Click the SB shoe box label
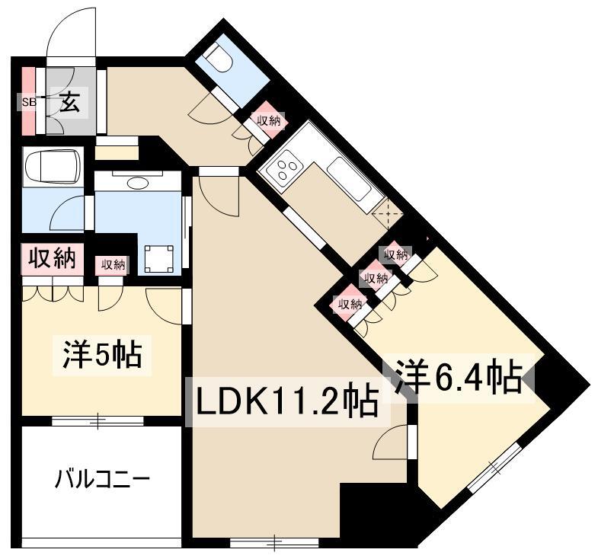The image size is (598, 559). coord(30,102)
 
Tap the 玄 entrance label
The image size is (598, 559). coord(70,102)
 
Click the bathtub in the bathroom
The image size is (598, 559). coord(53,167)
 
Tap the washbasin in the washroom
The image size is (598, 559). coord(138,183)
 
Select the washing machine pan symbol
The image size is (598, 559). coord(159,258)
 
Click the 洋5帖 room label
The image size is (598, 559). coord(102,354)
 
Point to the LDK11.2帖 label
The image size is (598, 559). coord(286,402)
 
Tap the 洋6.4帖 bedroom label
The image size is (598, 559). coord(459,377)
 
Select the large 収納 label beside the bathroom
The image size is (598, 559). coord(53,258)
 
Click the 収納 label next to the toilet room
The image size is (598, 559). coord(269,121)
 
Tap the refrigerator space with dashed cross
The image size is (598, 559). coord(388,213)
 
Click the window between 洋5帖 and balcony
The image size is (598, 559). coord(98,421)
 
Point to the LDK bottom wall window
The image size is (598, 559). coord(274,542)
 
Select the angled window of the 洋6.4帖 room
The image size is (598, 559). coord(494,467)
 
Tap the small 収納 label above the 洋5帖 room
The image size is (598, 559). coord(113,264)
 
